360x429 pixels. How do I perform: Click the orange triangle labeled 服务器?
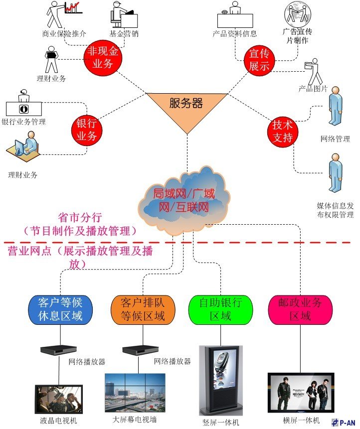pyautogui.click(x=186, y=106)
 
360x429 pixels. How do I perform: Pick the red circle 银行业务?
pyautogui.click(x=86, y=130)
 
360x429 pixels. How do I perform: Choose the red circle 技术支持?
pyautogui.click(x=282, y=132)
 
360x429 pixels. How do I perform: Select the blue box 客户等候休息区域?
pyautogui.click(x=60, y=308)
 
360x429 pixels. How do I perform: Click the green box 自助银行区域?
pyautogui.click(x=220, y=308)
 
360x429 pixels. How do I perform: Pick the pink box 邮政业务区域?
pyautogui.click(x=300, y=308)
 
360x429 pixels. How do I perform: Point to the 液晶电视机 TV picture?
pyautogui.click(x=58, y=399)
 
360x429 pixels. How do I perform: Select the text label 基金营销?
pyautogui.click(x=124, y=34)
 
